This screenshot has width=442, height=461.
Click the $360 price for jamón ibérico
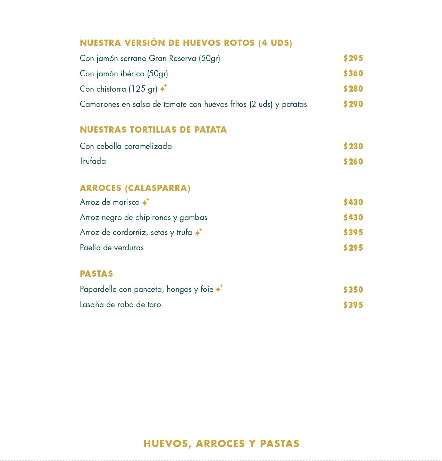(x=353, y=74)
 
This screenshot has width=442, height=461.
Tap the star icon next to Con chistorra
(x=163, y=89)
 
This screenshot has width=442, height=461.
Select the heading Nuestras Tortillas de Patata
(x=153, y=129)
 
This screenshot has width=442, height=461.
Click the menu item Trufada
(x=93, y=161)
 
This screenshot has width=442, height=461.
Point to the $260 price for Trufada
(x=353, y=162)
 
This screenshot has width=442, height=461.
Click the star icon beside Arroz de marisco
(x=145, y=202)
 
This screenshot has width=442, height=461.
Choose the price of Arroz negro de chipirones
(x=353, y=218)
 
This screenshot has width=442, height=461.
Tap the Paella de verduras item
(x=112, y=248)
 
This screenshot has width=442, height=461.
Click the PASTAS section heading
(x=97, y=274)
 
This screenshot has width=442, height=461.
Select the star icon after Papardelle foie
(x=219, y=289)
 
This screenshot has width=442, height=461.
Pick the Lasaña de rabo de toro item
(x=120, y=304)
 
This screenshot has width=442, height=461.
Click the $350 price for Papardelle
(x=353, y=290)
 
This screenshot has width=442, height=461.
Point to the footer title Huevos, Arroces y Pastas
(x=221, y=444)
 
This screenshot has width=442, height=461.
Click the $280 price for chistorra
(x=353, y=89)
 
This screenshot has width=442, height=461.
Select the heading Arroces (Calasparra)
(x=135, y=188)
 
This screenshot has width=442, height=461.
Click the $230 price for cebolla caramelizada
(x=353, y=146)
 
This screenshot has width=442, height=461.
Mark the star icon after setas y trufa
(x=198, y=232)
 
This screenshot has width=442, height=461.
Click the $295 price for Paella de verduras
(x=353, y=248)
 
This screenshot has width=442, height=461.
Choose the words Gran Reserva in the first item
(x=172, y=58)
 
